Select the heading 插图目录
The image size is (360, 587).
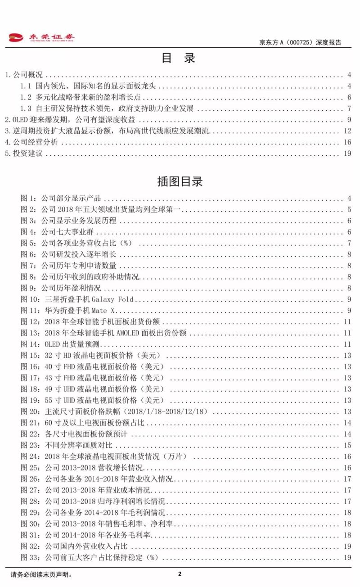click(x=180, y=181)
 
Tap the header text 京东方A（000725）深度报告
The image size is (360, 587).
click(x=300, y=43)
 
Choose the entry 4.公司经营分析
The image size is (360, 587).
click(x=30, y=142)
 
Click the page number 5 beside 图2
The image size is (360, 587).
click(x=349, y=209)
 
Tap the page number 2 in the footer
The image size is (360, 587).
click(x=180, y=574)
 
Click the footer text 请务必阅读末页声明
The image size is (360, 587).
click(x=41, y=574)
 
